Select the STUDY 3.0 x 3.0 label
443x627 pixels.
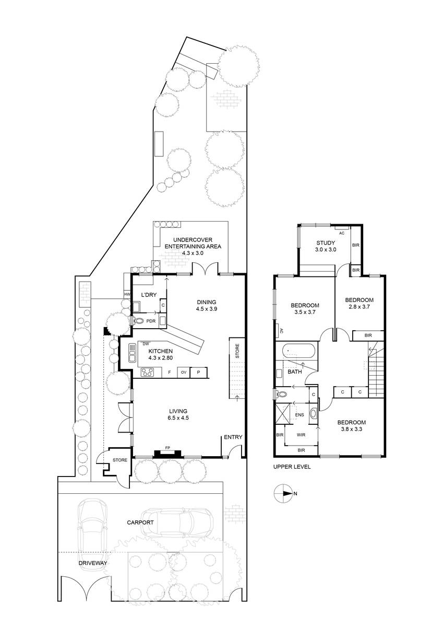pyautogui.click(x=326, y=246)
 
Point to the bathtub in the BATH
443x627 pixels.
pyautogui.click(x=299, y=351)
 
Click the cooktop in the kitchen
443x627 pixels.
pyautogui.click(x=147, y=372)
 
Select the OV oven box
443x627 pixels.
pyautogui.click(x=184, y=372)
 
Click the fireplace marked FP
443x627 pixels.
pyautogui.click(x=167, y=453)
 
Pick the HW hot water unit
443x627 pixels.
pyautogui.click(x=127, y=294)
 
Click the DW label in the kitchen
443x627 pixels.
pyautogui.click(x=146, y=344)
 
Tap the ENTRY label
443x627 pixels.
pyautogui.click(x=233, y=437)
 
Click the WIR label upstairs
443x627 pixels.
pyautogui.click(x=301, y=435)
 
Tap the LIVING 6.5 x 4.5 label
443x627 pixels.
pyautogui.click(x=178, y=414)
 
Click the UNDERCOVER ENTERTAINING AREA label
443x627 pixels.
pyautogui.click(x=193, y=246)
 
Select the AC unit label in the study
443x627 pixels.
pyautogui.click(x=342, y=233)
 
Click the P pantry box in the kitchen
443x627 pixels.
pyautogui.click(x=198, y=372)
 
